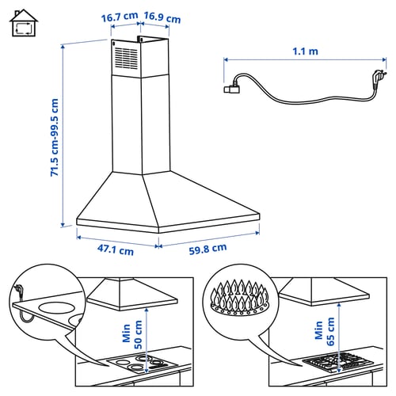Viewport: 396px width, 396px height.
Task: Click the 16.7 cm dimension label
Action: (x=120, y=17)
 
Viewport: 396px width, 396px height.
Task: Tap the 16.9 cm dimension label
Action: (x=162, y=17)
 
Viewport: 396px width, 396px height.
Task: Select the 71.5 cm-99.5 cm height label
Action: (x=55, y=137)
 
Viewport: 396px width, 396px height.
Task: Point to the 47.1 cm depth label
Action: (x=116, y=249)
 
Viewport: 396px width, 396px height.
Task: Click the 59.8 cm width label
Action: (x=208, y=249)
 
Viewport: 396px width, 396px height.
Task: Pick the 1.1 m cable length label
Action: (x=305, y=51)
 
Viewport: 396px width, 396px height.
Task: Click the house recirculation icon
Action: (x=24, y=23)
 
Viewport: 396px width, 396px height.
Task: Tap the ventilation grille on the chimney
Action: (x=126, y=59)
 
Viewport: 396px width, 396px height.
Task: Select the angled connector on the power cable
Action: (x=232, y=89)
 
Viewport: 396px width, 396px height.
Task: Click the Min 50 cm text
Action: (x=132, y=334)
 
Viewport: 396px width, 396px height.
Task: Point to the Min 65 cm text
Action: (x=325, y=332)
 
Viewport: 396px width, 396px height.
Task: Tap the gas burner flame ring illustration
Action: (x=240, y=298)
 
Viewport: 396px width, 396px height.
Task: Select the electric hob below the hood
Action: (x=143, y=363)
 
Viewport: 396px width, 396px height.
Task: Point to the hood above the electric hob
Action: (x=132, y=295)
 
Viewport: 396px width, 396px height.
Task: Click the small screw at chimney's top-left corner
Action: (x=114, y=44)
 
